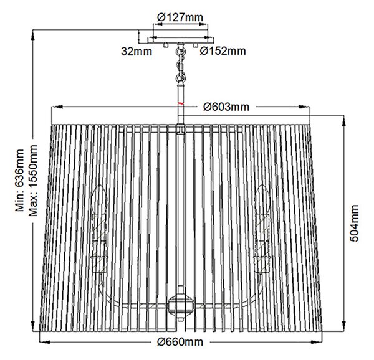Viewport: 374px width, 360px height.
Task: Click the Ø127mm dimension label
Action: point(180,17)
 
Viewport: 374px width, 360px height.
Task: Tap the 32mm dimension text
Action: point(137,52)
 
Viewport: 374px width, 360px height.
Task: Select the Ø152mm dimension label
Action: point(223,51)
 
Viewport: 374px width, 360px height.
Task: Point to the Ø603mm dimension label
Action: point(226,107)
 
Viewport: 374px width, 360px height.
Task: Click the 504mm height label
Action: point(354,223)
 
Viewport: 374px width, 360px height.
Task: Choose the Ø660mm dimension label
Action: point(180,342)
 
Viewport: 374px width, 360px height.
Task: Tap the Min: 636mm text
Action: point(19,181)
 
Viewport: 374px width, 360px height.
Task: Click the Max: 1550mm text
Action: point(33,181)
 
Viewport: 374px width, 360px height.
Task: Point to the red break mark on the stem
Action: point(181,103)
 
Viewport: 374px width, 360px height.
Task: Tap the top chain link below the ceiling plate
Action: point(181,51)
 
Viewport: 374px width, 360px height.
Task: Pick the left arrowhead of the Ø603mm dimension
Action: point(57,107)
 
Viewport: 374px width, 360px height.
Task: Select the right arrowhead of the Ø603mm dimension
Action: point(304,107)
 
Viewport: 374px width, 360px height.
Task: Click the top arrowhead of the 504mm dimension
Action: point(343,121)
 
